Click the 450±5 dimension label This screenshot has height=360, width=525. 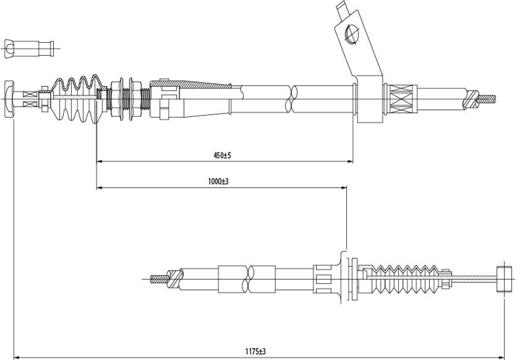pyautogui.click(x=221, y=155)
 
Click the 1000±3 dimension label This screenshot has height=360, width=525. pyautogui.click(x=217, y=182)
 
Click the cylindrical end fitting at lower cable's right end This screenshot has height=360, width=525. pyautogui.click(x=504, y=277)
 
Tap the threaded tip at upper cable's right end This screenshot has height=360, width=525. pyautogui.click(x=486, y=99)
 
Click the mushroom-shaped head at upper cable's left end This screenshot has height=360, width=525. pyautogui.click(x=11, y=99)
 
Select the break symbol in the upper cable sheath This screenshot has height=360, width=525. pyautogui.click(x=289, y=99)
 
